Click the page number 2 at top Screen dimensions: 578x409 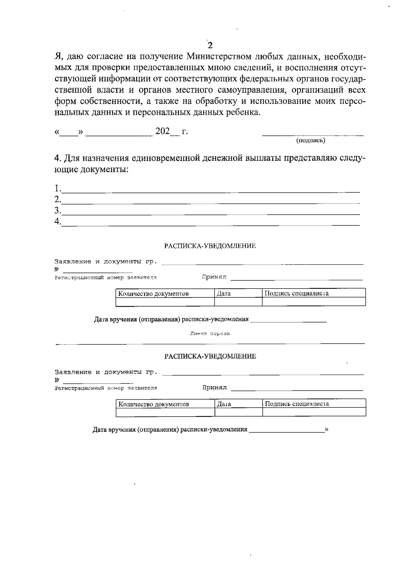210,45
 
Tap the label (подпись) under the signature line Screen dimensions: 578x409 310,140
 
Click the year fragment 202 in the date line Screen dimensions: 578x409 163,131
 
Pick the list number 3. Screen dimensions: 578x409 58,210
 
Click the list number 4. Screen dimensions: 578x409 58,221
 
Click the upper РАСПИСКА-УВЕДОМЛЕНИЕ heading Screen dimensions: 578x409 210,246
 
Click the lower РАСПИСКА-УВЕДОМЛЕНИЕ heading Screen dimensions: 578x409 210,356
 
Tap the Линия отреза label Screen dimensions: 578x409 210,333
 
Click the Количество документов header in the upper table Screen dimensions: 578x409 153,294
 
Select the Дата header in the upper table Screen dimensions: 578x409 224,293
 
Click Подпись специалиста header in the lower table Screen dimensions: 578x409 297,404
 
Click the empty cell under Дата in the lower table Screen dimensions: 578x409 238,412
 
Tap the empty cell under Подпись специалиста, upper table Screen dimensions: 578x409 314,302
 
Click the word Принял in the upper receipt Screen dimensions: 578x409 214,277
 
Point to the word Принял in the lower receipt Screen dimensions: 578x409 214,388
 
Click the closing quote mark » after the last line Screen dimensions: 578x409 327,429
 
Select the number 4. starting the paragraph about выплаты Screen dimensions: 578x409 58,158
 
